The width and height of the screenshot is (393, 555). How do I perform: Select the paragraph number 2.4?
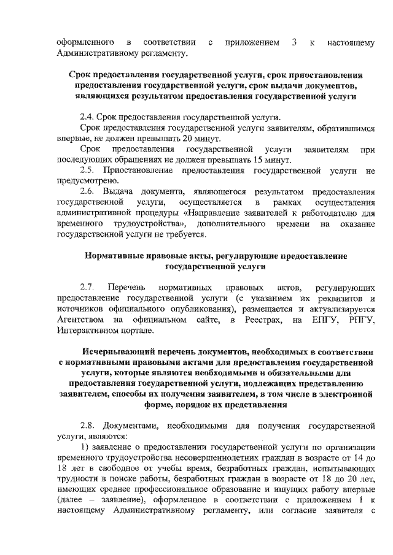pos(88,117)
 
